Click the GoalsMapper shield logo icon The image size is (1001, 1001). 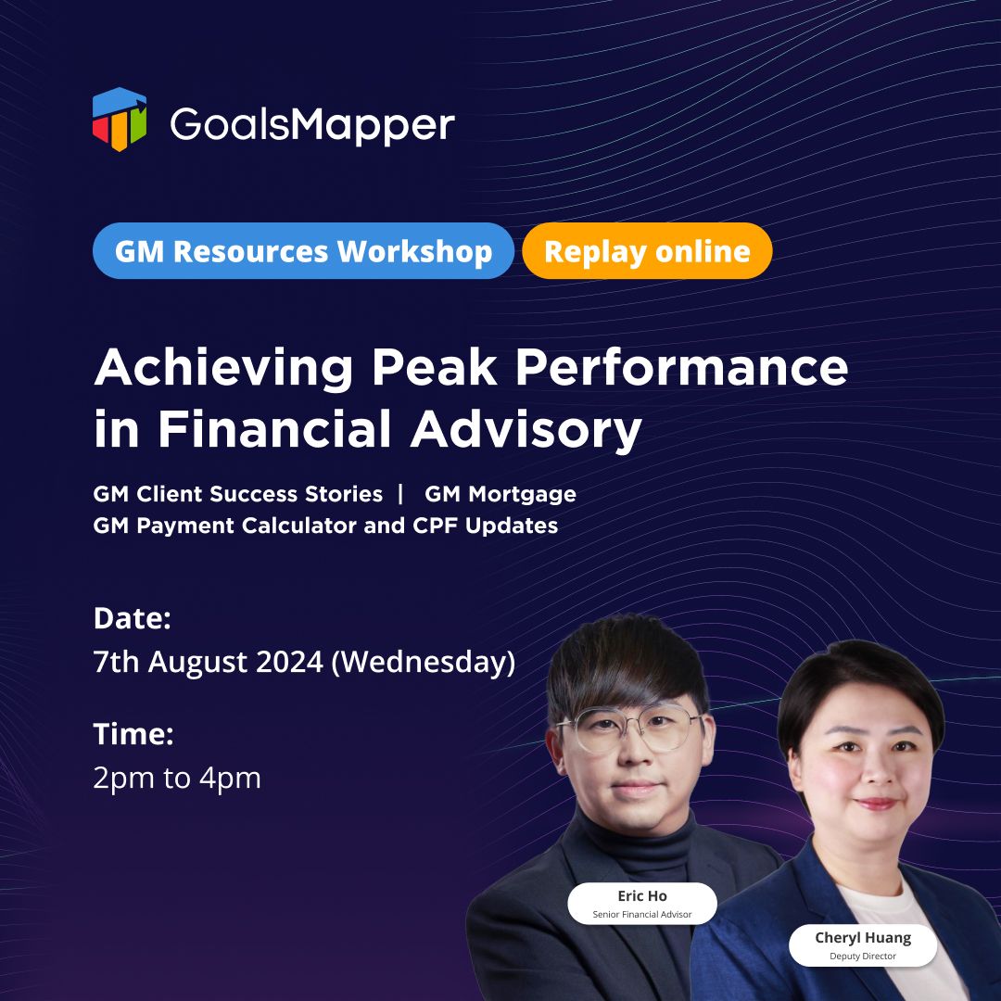pos(120,120)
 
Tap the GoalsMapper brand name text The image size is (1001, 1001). pos(312,125)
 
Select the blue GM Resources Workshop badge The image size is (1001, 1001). pos(303,251)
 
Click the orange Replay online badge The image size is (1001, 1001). pos(647,251)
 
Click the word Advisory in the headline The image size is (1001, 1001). pos(526,429)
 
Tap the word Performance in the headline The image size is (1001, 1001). pos(682,368)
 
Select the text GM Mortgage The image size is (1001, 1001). pos(500,493)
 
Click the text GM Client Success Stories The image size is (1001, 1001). pos(237,493)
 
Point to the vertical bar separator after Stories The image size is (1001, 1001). pos(401,493)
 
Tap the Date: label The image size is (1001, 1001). pos(133,618)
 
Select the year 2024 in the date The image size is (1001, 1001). pos(290,662)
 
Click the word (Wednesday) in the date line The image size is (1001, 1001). pos(424,662)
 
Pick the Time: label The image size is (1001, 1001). pos(133,734)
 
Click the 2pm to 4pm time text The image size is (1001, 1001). pos(177,779)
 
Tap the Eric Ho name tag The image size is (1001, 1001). pos(642,904)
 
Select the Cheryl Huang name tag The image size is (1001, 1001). pos(863,944)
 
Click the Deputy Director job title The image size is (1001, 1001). pos(863,956)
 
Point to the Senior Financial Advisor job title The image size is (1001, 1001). pos(642,914)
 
